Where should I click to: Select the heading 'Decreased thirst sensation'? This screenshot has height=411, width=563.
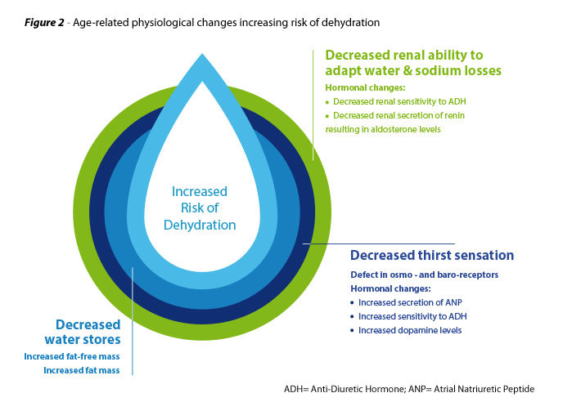click(432, 255)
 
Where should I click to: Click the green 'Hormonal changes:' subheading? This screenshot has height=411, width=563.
click(365, 87)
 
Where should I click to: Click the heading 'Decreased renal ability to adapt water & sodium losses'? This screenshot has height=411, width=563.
click(413, 63)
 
